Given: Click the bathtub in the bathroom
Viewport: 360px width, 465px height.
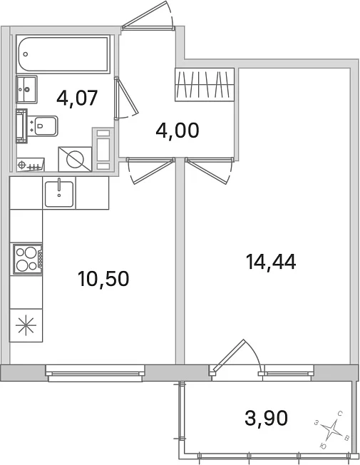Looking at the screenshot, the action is coord(63,54).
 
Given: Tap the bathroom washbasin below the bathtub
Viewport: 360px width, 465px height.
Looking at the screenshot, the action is coord(26,89).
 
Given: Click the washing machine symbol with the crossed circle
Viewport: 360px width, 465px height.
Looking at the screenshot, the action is coord(75,159).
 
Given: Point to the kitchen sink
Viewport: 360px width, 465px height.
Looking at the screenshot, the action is coord(59,193).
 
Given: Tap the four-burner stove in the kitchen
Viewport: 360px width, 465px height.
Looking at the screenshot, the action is coord(27,259).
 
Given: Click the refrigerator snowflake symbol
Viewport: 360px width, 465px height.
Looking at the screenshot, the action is coord(26,325).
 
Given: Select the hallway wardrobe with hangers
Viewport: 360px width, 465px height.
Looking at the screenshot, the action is coord(205,85).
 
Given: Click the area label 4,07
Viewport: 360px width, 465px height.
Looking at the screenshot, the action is coord(77,98).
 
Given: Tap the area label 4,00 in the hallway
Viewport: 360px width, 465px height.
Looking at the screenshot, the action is coord(178,131).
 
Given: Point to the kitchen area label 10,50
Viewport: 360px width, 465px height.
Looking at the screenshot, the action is coord(103,279).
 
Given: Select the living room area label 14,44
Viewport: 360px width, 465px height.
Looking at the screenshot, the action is coord(271,262).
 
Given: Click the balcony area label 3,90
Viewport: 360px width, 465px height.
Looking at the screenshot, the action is coord(267,418).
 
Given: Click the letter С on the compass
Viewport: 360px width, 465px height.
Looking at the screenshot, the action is coord(341,414).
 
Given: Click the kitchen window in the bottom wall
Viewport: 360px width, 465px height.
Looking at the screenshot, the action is coord(96,373).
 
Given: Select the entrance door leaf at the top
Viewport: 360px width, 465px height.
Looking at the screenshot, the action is coord(145,14).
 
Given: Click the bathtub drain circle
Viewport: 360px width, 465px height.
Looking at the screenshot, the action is coord(26,54).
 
